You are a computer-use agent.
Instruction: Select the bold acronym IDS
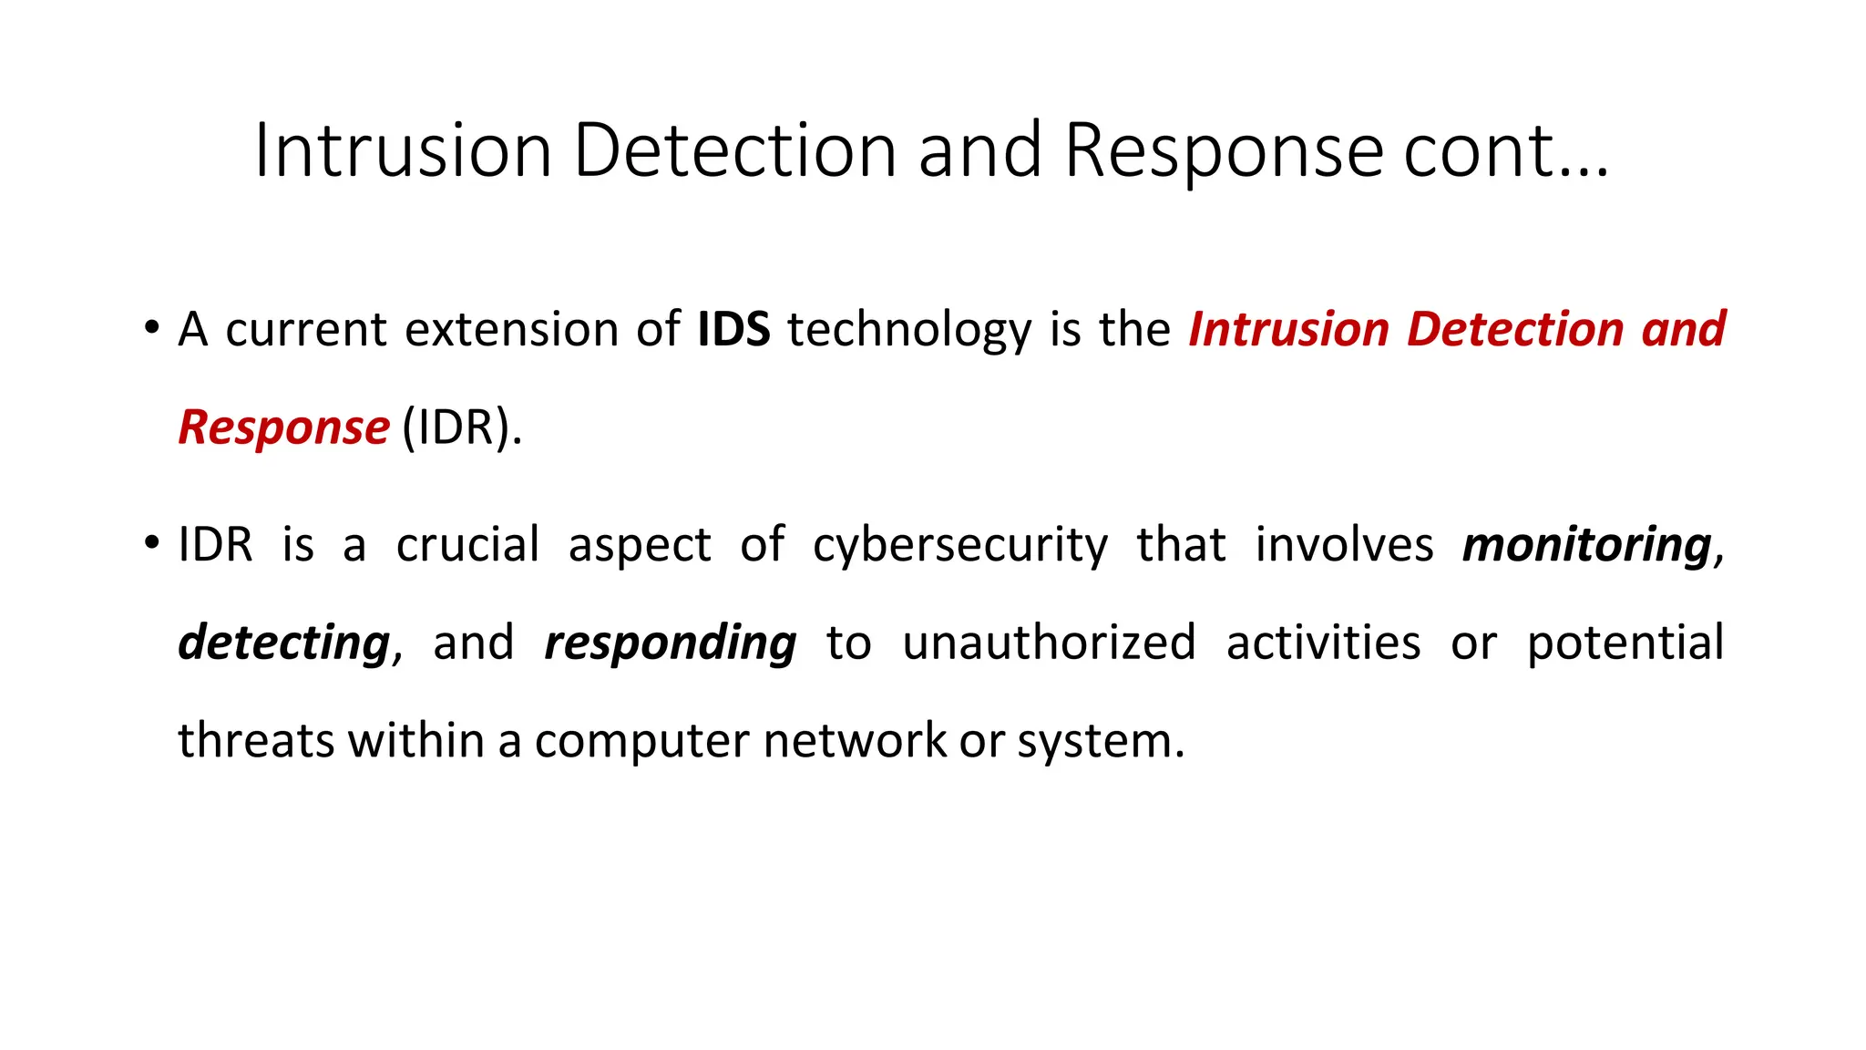point(733,329)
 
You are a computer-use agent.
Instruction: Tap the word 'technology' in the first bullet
point(909,331)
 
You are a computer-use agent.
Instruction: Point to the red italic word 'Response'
point(283,427)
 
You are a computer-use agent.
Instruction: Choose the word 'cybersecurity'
point(960,546)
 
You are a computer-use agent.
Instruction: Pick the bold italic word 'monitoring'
point(1587,545)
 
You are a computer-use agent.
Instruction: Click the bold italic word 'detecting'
point(284,643)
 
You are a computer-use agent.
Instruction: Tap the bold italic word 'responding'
point(671,643)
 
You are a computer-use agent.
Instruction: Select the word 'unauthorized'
point(1049,643)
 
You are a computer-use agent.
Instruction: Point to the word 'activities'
point(1323,643)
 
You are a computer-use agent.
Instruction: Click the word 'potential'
point(1625,643)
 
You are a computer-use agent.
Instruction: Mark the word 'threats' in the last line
point(257,740)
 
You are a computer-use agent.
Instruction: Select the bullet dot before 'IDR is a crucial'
point(151,543)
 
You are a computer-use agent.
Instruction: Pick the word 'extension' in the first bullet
point(511,329)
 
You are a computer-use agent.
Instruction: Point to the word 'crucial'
point(467,545)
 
